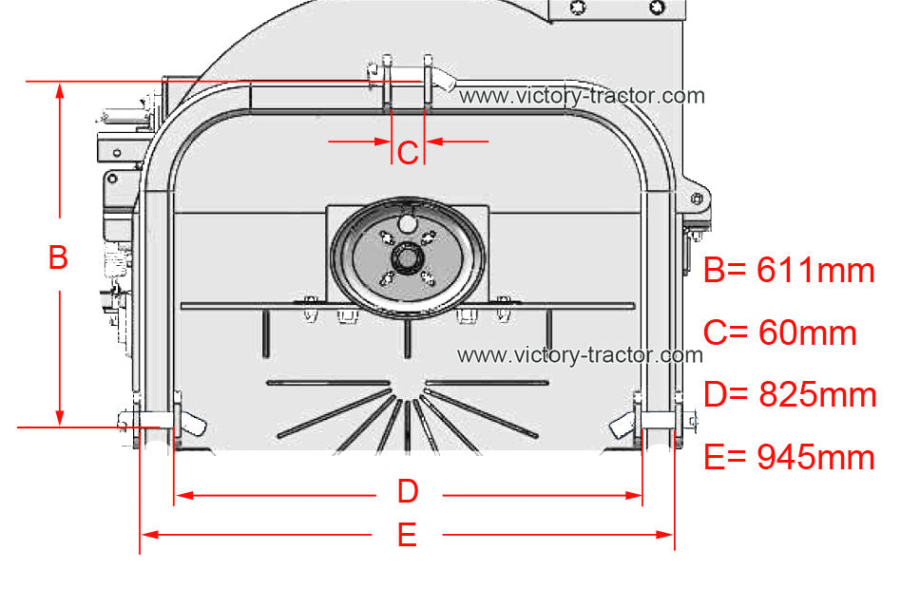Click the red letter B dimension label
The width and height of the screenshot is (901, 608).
tap(59, 256)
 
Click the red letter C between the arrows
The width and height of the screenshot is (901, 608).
tap(408, 153)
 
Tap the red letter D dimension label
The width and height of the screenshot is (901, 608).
tap(408, 491)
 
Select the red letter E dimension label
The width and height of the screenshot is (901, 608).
tap(408, 535)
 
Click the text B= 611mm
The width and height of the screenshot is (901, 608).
tap(789, 270)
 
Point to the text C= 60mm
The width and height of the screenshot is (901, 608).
tap(779, 332)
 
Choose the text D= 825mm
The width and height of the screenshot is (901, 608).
tap(790, 394)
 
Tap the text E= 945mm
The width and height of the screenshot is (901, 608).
tap(789, 457)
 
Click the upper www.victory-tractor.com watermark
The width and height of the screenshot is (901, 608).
tap(582, 95)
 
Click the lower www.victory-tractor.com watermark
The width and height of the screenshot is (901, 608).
tap(581, 354)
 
